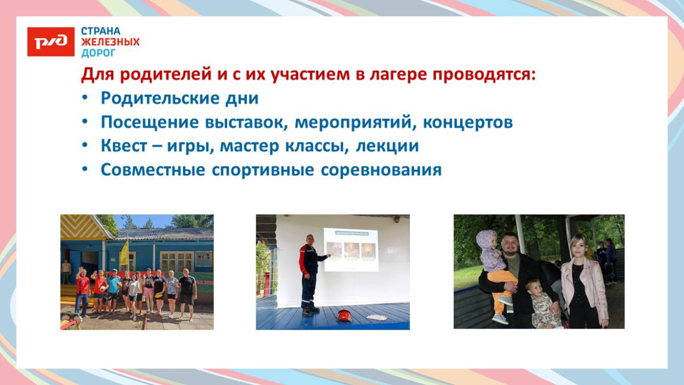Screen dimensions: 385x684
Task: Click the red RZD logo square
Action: [x=50, y=42]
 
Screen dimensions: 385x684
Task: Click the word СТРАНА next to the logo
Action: [x=101, y=31]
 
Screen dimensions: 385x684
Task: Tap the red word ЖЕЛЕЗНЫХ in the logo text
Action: [x=111, y=42]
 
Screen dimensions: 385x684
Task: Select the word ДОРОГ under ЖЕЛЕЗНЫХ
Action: [x=98, y=53]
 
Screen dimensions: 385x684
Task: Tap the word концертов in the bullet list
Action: [x=468, y=122]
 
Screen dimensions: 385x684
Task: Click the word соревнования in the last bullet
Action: [x=381, y=170]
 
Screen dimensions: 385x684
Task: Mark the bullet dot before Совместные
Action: [x=85, y=170]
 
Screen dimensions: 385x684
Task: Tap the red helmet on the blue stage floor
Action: [x=344, y=315]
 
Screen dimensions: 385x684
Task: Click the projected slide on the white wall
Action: [x=351, y=250]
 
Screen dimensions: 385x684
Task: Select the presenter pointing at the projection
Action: [x=310, y=274]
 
